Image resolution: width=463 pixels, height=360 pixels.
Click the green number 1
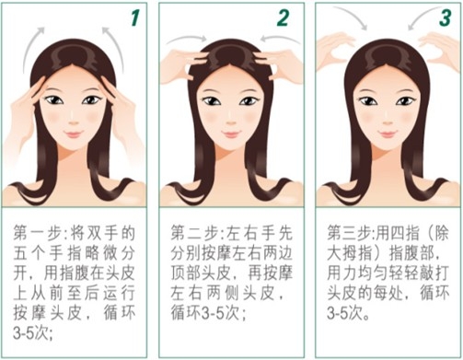coord(135,17)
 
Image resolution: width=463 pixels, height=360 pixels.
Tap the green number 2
coord(283,18)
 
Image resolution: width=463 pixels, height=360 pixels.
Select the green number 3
coord(446,17)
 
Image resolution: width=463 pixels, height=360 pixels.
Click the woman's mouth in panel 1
coord(74,134)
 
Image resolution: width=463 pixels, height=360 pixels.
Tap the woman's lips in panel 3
coord(388,134)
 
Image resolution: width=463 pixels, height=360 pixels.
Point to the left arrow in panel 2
coord(187,39)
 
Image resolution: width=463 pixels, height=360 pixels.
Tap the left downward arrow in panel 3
coord(353,16)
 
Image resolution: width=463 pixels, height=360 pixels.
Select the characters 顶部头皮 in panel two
coord(201,273)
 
